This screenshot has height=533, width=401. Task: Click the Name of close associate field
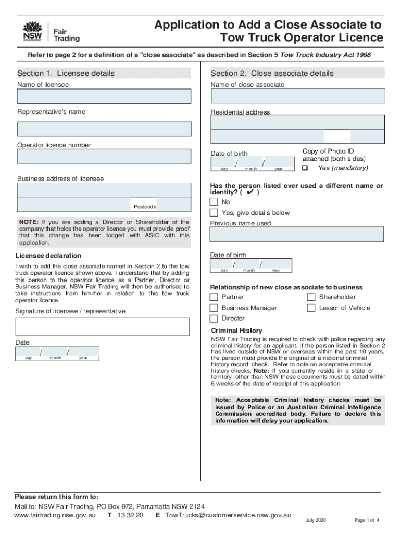point(298,96)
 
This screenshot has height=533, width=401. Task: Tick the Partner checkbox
point(214,297)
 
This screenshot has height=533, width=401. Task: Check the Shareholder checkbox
point(311,297)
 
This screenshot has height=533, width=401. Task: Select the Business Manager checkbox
point(214,308)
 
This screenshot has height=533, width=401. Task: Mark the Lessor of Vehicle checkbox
point(311,308)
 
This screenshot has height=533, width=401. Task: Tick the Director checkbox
point(214,319)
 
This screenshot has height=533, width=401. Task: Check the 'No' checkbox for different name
point(214,202)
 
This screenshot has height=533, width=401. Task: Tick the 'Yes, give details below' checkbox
point(214,213)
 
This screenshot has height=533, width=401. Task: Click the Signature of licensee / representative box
point(103,326)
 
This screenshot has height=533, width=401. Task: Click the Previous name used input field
point(297,234)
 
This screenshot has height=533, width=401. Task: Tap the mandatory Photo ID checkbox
point(305,168)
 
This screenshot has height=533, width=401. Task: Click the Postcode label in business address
point(145,207)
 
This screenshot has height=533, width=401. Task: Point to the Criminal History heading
point(236,331)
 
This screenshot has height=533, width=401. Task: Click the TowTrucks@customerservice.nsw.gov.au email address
point(228,515)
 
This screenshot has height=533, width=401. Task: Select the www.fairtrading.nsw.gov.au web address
point(55,515)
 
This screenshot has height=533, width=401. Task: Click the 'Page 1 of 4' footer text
point(367,520)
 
